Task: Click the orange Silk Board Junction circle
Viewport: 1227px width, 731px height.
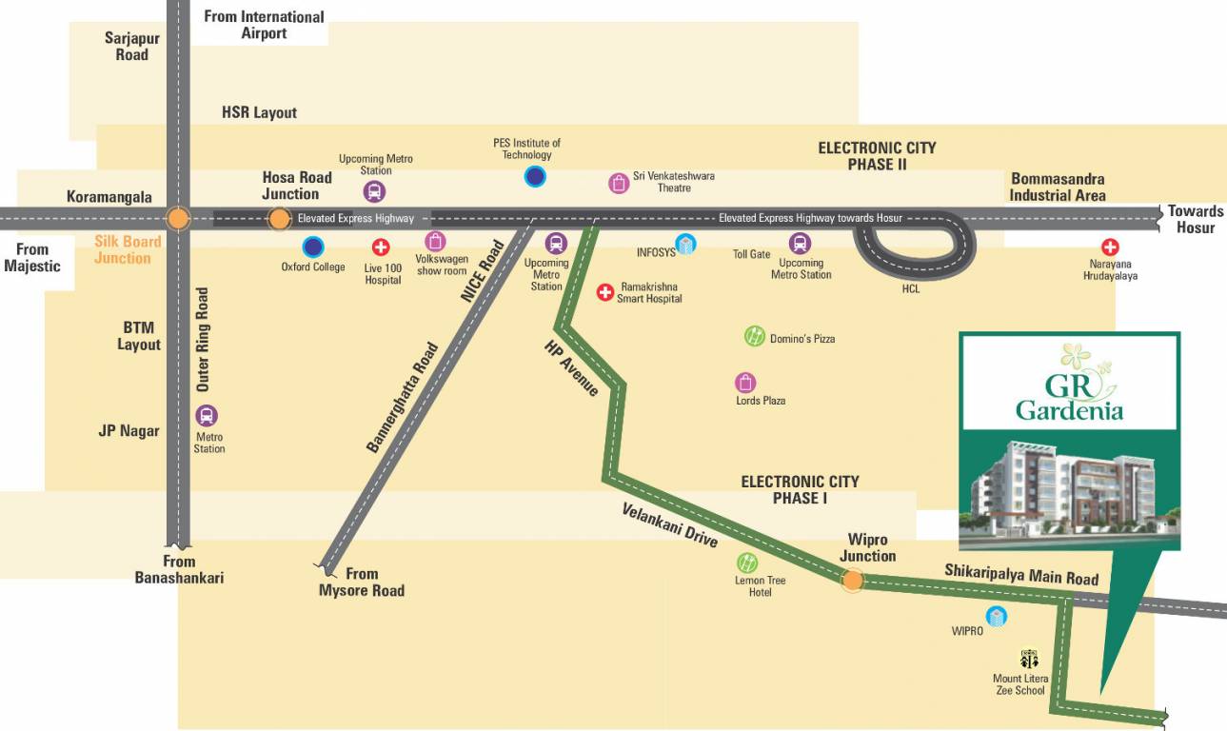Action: [178, 219]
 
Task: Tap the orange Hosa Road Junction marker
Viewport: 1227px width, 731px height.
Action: [279, 219]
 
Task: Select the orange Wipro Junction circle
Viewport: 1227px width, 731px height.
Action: [853, 580]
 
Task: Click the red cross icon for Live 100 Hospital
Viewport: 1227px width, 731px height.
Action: [381, 248]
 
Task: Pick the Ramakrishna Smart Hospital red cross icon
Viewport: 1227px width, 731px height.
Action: [604, 292]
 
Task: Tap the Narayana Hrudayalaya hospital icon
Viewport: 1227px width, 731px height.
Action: [1110, 247]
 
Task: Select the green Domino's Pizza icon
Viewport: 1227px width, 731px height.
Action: [754, 336]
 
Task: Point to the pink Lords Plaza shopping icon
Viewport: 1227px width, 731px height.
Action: [745, 383]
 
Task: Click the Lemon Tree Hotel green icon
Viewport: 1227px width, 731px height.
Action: [747, 563]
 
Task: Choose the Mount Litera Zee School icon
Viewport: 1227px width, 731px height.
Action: [1029, 659]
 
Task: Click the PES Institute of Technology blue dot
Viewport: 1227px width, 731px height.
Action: [535, 176]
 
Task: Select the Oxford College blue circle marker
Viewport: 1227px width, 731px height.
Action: [313, 247]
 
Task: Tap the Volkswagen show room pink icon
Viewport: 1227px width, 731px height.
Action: [435, 242]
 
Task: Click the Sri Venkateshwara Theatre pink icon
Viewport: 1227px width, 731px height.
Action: [619, 184]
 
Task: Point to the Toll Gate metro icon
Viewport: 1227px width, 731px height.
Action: [801, 244]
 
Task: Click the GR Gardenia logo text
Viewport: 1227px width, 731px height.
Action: [1069, 397]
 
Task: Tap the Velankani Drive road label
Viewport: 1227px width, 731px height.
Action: [669, 524]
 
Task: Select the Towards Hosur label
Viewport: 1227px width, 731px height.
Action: [1196, 219]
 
